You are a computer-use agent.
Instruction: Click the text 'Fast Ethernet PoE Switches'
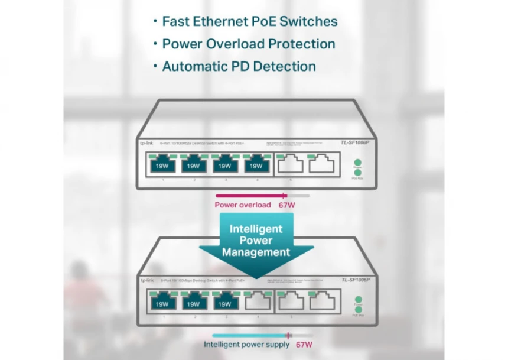coord(249,22)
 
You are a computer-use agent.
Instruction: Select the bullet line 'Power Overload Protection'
coord(249,44)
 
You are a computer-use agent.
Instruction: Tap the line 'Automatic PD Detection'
coord(239,66)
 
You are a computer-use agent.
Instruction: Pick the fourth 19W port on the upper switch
coord(255,165)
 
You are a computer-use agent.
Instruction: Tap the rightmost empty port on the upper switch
coord(320,164)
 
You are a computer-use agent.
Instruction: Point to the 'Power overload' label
coord(242,205)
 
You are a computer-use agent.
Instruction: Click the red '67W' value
coord(287,205)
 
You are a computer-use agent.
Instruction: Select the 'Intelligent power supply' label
coord(247,344)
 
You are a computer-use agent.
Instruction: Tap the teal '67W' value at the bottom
coord(304,344)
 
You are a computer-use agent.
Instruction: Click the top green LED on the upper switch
coord(357,161)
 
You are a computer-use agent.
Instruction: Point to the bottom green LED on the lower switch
coord(358,311)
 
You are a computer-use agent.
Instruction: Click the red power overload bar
coord(250,195)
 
